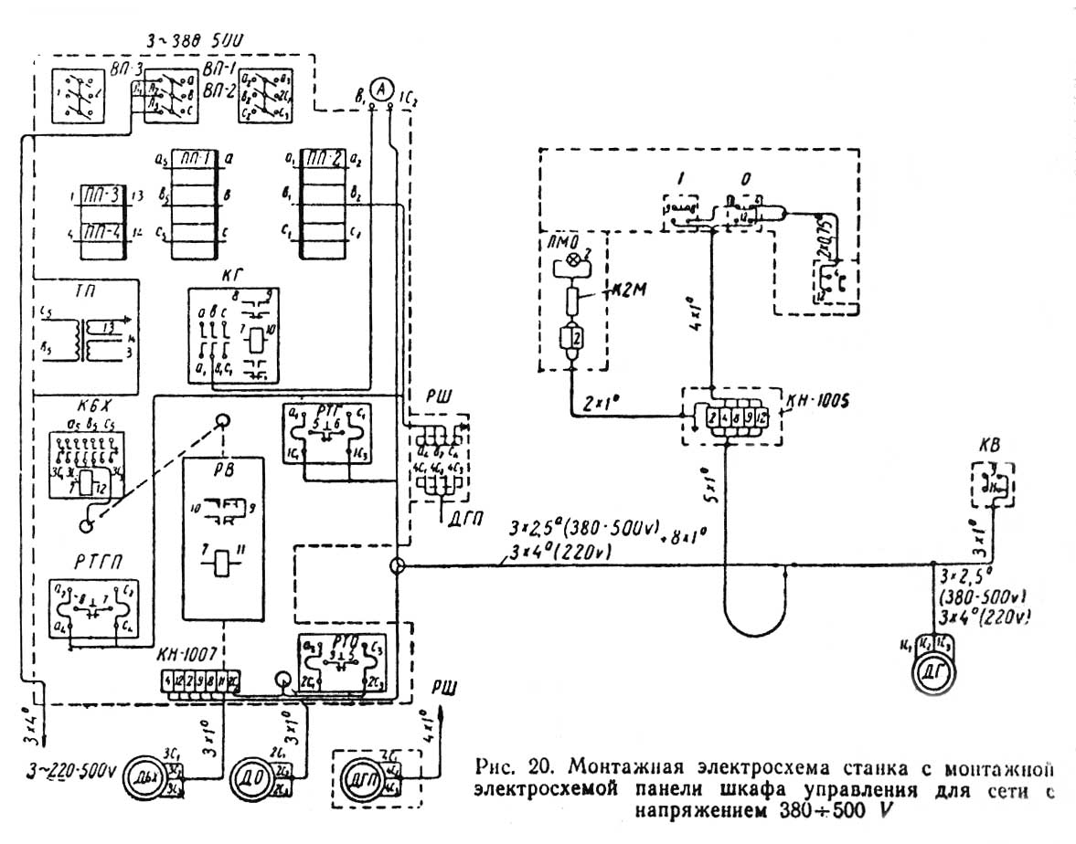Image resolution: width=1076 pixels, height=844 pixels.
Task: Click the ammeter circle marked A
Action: point(384,88)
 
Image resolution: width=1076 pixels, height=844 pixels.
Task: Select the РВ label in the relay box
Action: point(222,446)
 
